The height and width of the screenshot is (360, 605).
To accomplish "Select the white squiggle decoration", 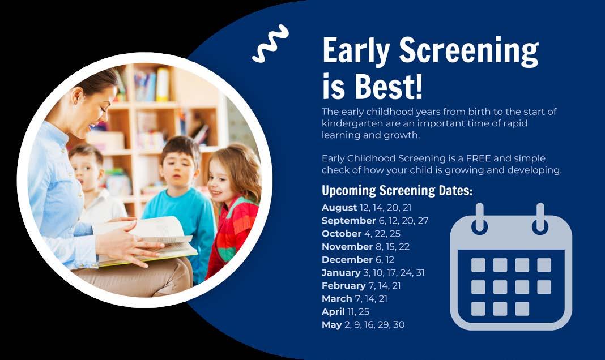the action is [270, 44].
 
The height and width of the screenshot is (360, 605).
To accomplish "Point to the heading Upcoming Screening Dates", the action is [397, 190].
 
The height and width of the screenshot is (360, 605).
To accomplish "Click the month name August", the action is [339, 208].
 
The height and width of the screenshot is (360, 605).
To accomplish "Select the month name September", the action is [348, 220].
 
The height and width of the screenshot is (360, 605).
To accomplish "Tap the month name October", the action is [342, 234].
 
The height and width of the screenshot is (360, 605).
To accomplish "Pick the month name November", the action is [347, 247].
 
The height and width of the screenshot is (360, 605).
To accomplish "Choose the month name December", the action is [347, 260].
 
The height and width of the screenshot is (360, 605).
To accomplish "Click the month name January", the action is [341, 273].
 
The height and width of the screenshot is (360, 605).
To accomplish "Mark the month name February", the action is [343, 286].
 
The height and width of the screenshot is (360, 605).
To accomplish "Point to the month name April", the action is [333, 311].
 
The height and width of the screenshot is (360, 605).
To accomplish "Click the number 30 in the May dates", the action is [399, 325].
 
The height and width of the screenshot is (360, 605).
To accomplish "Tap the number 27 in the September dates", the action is [423, 220].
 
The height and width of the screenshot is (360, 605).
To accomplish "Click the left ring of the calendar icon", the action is [480, 218].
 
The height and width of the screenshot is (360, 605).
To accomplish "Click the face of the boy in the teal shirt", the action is [178, 169].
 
